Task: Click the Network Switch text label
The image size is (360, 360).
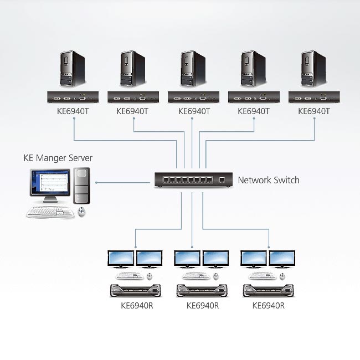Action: (x=269, y=180)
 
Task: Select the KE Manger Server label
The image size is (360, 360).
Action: (x=58, y=158)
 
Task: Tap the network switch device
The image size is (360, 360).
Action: (x=193, y=180)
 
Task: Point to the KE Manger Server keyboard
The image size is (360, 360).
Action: (x=50, y=212)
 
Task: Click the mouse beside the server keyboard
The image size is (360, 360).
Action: (x=81, y=212)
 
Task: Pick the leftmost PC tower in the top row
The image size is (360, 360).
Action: (x=73, y=69)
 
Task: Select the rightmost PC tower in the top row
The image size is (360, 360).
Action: (x=314, y=69)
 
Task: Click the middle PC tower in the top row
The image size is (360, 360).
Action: (x=193, y=69)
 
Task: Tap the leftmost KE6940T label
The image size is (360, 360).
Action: (x=73, y=111)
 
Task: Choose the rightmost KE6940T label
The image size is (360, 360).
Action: (x=314, y=111)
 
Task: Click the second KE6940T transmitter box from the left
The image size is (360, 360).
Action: (x=133, y=97)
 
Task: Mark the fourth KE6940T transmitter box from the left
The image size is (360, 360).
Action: (x=254, y=97)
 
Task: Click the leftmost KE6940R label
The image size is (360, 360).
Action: (x=137, y=306)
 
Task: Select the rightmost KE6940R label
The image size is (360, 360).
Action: (x=269, y=306)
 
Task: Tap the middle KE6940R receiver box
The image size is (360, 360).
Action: (x=202, y=290)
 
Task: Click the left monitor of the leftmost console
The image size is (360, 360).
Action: (x=121, y=259)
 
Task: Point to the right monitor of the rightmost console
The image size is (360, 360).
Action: (x=282, y=259)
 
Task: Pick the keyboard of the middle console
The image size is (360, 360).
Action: (x=196, y=276)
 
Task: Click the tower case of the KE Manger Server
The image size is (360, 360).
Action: (x=82, y=186)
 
